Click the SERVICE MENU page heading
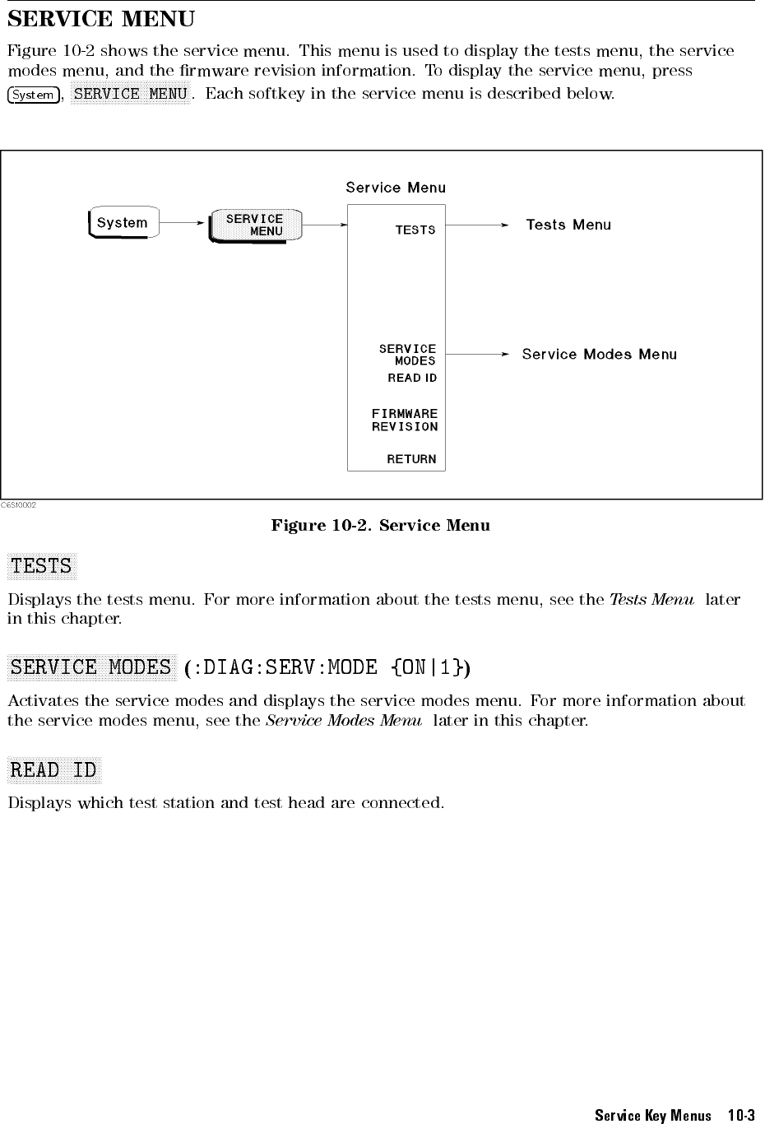coord(101,18)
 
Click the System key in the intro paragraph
coord(33,95)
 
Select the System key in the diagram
coord(123,223)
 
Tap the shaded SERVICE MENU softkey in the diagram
coord(255,225)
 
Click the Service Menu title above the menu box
coord(396,188)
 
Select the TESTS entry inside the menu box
coord(415,230)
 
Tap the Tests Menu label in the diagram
coord(568,225)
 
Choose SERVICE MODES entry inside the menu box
coord(408,355)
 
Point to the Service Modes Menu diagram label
coord(599,355)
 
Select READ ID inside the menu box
coord(412,378)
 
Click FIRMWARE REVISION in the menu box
coord(405,420)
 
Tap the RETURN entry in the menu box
coord(411,459)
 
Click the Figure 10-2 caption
coord(380,525)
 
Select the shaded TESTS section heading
coord(41,566)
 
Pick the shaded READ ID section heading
coord(54,770)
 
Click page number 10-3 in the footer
coord(741,1116)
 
